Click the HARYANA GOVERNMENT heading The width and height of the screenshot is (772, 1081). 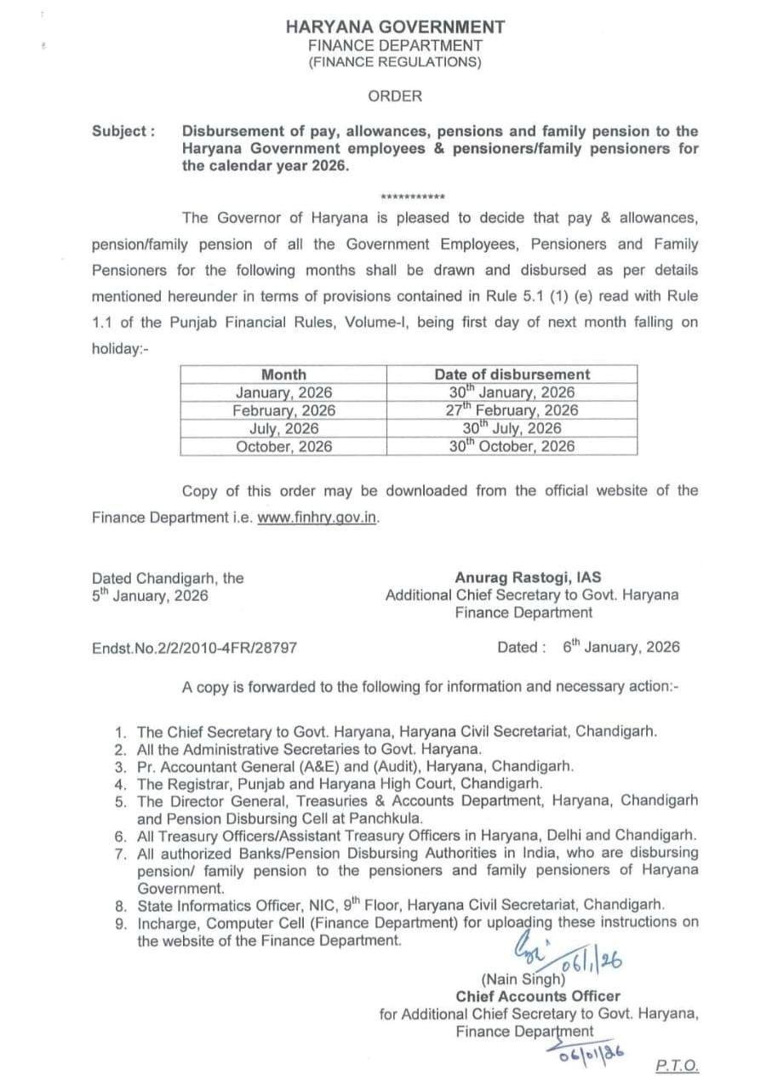(x=395, y=27)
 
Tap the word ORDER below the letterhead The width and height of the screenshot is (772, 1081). (x=395, y=96)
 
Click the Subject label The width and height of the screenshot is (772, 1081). (x=123, y=132)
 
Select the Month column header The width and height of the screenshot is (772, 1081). (x=283, y=375)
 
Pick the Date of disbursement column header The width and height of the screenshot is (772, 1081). (x=512, y=375)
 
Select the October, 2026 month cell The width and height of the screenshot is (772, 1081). (x=284, y=446)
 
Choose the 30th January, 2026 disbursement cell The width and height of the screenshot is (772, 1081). (x=512, y=392)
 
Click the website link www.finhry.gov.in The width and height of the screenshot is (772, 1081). (x=317, y=517)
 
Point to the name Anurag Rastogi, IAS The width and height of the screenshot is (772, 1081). (x=528, y=577)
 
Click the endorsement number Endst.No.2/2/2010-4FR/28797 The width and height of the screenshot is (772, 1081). (x=194, y=648)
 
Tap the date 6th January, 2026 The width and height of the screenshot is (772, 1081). (x=621, y=647)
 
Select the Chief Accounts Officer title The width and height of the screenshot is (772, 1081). (x=538, y=996)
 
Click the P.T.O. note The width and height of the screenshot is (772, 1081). (x=678, y=1066)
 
